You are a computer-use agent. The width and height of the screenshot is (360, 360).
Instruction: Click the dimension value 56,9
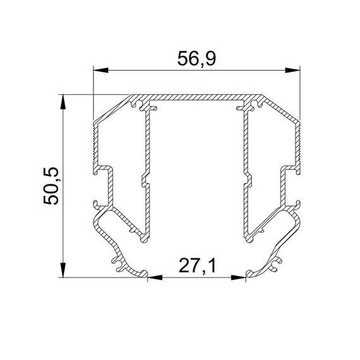(x=197, y=59)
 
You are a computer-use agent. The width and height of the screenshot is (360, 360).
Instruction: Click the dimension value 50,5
(x=51, y=186)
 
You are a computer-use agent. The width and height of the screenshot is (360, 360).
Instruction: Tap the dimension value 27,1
(x=198, y=266)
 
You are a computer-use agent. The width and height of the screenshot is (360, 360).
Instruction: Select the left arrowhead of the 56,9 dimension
(x=101, y=70)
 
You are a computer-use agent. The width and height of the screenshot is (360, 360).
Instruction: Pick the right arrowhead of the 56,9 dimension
(x=292, y=70)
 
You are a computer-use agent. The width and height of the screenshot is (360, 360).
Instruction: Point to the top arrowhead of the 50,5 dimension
(x=63, y=102)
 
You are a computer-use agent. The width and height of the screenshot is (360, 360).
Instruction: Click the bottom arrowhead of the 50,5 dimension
(x=63, y=270)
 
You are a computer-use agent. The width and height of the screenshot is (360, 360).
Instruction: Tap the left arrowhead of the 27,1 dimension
(x=155, y=277)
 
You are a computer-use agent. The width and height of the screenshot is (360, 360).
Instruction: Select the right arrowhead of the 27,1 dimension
(x=238, y=277)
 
